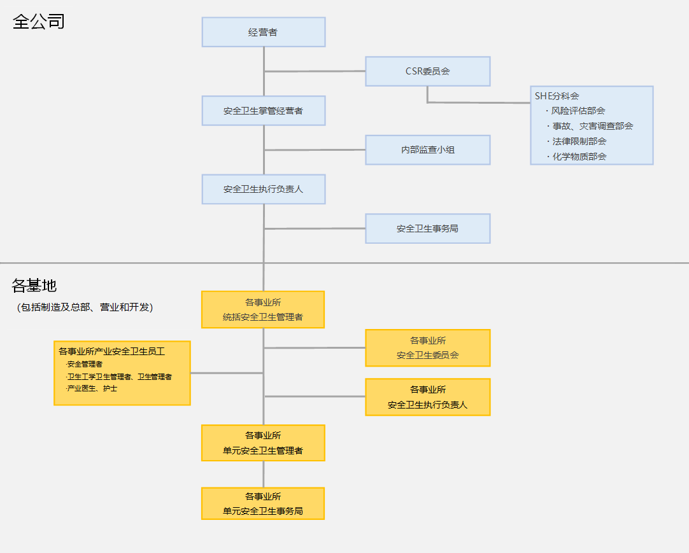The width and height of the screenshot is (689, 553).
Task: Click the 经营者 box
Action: [x=263, y=32]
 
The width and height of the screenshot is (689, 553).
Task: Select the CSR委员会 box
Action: [x=427, y=71]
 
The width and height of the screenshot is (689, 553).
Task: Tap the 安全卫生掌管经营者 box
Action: [x=263, y=111]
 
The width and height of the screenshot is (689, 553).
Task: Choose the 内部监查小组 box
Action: [x=427, y=150]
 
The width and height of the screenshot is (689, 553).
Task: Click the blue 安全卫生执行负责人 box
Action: [x=263, y=189]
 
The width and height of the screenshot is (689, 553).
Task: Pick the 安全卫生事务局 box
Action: [x=427, y=228]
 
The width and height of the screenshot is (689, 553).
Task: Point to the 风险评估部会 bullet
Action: [x=578, y=111]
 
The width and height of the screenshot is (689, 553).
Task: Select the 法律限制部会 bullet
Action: [x=579, y=141]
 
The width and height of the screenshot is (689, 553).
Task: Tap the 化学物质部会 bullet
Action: [x=579, y=157]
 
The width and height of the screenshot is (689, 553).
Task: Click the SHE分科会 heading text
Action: [x=557, y=96]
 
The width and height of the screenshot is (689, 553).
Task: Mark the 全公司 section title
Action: [x=39, y=22]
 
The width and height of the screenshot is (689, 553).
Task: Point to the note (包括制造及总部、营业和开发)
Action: [x=85, y=307]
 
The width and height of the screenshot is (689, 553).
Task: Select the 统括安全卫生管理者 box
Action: [x=263, y=310]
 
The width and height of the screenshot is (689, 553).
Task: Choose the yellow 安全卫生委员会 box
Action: [x=427, y=348]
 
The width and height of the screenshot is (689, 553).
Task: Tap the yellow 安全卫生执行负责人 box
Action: [x=427, y=397]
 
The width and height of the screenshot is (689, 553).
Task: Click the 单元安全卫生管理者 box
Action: [x=263, y=443]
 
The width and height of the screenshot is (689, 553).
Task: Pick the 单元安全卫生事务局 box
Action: [x=263, y=503]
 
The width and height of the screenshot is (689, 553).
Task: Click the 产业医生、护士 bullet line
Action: [x=92, y=388]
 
